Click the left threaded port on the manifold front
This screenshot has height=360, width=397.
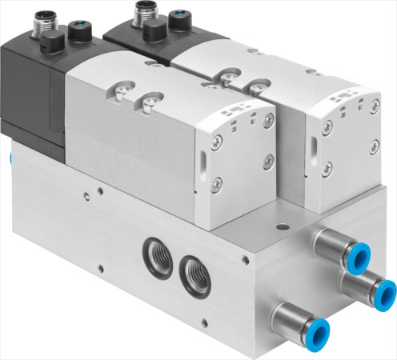(155, 255)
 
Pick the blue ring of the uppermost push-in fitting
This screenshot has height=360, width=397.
(358, 256)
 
